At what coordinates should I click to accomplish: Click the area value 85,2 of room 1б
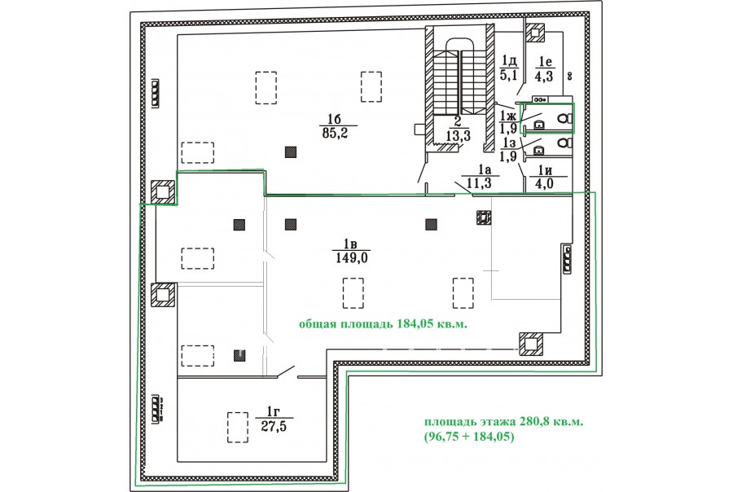tap(338, 134)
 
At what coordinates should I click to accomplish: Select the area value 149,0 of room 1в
tap(353, 258)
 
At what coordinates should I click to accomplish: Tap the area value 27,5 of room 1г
tap(274, 427)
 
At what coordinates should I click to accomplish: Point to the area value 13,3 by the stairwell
tap(458, 136)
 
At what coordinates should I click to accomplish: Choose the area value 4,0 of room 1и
tap(545, 183)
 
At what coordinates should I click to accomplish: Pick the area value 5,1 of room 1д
tap(509, 75)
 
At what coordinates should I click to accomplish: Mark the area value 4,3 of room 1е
tap(544, 76)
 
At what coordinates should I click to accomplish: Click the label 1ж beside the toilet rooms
tap(508, 116)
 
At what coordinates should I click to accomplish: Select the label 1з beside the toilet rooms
tap(509, 143)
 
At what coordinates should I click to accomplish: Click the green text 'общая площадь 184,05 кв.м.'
tap(383, 324)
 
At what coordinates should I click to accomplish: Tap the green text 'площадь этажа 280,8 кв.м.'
tap(504, 422)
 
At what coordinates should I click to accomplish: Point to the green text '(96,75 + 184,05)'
tap(469, 437)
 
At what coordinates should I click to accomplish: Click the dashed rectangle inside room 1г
tap(238, 427)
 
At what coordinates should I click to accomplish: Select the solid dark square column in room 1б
tap(291, 152)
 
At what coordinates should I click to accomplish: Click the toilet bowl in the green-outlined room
tap(566, 119)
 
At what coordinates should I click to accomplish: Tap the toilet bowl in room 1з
tap(566, 142)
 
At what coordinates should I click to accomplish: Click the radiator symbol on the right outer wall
tap(567, 260)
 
